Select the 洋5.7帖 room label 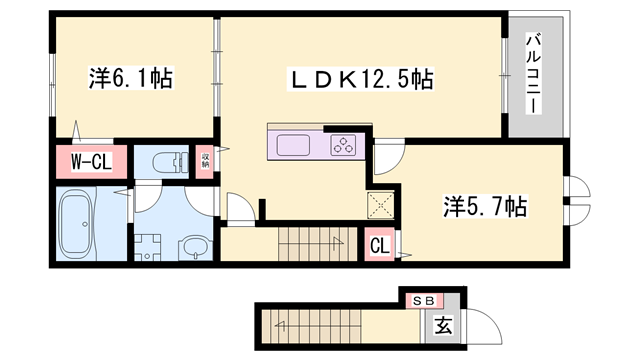point(486,208)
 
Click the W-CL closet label point(90,161)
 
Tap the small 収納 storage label point(205,160)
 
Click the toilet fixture point(165,159)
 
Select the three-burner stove point(342,144)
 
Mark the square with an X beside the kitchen point(382,205)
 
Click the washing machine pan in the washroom point(151,246)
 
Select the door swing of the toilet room point(151,196)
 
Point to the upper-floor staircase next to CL point(310,241)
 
